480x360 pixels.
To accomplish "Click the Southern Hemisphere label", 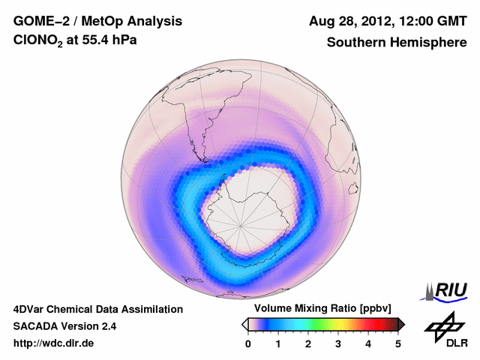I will pyautogui.click(x=396, y=43).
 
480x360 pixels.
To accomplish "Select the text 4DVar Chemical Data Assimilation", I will pyautogui.click(x=97, y=309).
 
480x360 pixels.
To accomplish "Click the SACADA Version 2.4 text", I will pyautogui.click(x=64, y=326).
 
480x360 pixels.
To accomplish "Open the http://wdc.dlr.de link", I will pyautogui.click(x=54, y=343).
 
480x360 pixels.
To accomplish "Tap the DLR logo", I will pyautogui.click(x=445, y=330).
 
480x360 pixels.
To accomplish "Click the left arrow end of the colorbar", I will pyautogui.click(x=244, y=324).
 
